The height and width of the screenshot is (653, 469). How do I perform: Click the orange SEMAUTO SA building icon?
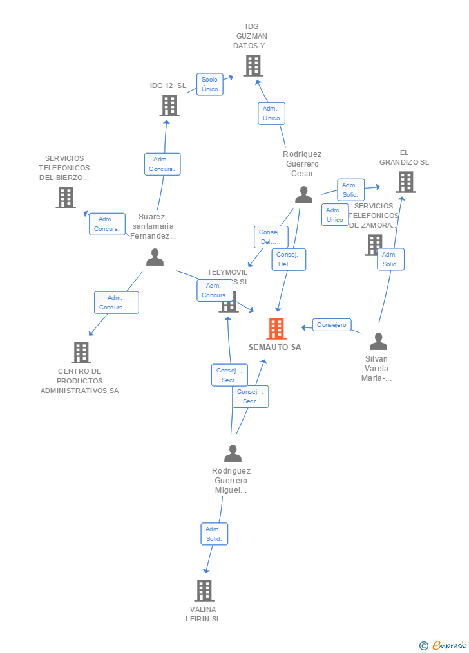276,329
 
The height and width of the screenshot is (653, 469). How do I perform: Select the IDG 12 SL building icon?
169,106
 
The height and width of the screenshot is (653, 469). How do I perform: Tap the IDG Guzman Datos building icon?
253,66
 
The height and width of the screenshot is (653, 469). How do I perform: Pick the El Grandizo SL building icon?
405,182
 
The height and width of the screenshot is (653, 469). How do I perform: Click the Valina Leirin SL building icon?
204,590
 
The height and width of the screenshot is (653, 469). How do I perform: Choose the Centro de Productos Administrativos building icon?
81,353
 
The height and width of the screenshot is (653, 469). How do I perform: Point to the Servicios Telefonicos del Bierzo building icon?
66,198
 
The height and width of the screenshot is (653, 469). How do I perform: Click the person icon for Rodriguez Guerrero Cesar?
303,195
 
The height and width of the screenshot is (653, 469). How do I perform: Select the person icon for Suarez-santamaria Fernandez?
155,257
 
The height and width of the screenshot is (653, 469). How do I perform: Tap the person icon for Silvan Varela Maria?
378,342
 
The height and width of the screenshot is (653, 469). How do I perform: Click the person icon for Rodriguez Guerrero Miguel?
233,454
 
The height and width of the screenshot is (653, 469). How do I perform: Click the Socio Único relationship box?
209,84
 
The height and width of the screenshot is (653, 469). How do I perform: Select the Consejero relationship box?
332,325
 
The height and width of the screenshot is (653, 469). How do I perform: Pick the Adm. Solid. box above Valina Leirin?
213,534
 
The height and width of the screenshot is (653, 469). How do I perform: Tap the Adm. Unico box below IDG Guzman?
271,113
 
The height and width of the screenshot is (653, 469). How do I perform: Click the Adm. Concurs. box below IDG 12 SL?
162,164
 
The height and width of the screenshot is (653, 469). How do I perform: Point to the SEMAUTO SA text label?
275,347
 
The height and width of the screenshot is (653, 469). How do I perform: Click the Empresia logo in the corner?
444,645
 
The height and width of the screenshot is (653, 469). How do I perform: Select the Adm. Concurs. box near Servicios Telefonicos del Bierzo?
107,224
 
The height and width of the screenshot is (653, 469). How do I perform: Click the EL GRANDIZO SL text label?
404,158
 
